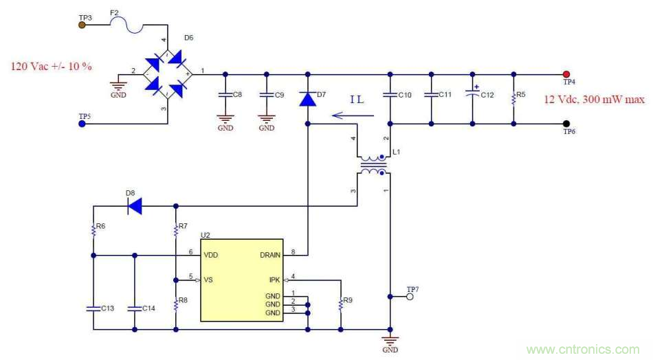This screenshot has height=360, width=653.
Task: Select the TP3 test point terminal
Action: pos(82,25)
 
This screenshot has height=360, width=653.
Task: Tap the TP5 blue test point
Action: pos(82,124)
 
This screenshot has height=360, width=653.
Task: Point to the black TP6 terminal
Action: pos(566,124)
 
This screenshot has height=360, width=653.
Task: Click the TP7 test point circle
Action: pos(410,297)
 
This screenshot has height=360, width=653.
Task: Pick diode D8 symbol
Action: pos(134,205)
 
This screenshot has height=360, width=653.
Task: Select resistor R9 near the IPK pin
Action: pos(340,302)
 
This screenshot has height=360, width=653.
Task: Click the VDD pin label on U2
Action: pos(211,256)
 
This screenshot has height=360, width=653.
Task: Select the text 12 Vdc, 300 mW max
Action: pos(595,100)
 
